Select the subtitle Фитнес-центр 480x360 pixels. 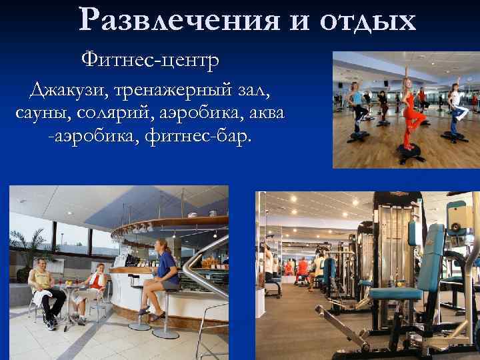[150, 61]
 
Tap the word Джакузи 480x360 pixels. [67, 89]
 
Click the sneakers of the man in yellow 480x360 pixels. [51, 324]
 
